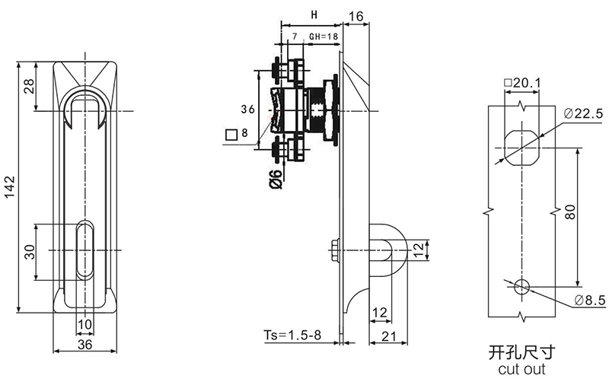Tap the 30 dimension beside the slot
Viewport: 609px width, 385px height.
coord(29,253)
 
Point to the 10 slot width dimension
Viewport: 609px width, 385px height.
coord(84,325)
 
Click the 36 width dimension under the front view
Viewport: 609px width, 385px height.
coord(85,344)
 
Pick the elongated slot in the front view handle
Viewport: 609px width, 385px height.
coord(85,250)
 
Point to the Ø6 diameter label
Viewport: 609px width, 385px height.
coord(276,178)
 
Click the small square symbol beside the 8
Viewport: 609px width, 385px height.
coord(230,135)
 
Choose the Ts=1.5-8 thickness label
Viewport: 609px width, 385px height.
coord(293,335)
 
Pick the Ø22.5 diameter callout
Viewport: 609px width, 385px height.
coord(584,113)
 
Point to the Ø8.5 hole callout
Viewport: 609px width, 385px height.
coord(589,301)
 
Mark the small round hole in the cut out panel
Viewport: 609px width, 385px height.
coord(522,287)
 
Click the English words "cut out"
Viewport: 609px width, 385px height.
coord(521,370)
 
